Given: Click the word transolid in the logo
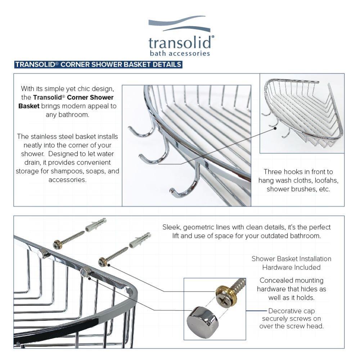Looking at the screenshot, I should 180,43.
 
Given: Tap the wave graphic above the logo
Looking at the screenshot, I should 179,24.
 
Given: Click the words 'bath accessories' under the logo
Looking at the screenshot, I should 180,54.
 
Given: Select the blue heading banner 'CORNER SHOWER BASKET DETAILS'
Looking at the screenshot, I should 98,65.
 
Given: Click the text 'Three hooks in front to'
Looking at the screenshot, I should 298,172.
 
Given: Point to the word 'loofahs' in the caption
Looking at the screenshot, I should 326,180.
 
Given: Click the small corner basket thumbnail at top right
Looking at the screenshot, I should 302,113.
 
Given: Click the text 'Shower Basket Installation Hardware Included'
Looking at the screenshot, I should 291,263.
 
